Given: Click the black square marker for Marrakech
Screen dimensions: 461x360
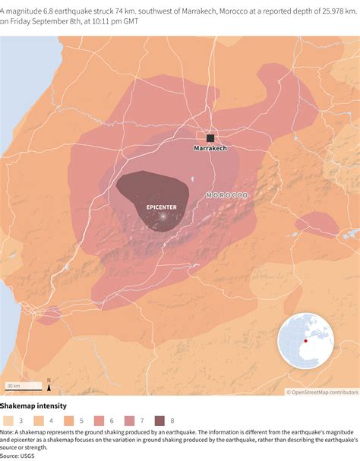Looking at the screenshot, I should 210,138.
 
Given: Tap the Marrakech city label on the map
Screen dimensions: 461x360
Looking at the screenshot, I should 210,149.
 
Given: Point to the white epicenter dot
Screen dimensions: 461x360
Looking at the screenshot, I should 162,217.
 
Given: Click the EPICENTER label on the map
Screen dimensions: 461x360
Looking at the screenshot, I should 162,206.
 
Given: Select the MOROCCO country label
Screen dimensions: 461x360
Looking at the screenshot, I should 227,196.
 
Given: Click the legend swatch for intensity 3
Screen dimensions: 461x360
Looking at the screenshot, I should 8,420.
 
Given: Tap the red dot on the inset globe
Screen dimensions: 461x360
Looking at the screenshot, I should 305,340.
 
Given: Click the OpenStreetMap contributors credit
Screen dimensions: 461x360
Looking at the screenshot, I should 321,393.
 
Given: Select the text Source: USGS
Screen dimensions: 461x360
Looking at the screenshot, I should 22,456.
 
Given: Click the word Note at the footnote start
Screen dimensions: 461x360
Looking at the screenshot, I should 8,433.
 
